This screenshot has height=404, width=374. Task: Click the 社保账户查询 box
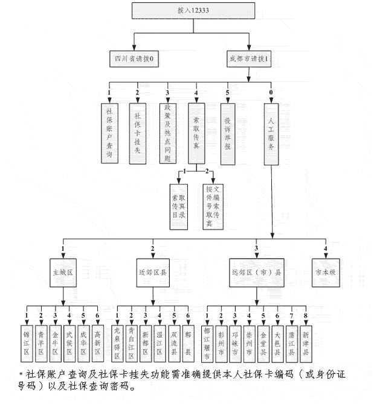pos(109,133)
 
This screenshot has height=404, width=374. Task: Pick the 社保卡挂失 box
pos(138,133)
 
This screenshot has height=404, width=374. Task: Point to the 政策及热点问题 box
pos(167,133)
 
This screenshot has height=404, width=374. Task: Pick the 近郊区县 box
pos(153,272)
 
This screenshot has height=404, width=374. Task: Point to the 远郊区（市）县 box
pos(257,272)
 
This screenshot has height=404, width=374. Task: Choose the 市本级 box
pos(325,271)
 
